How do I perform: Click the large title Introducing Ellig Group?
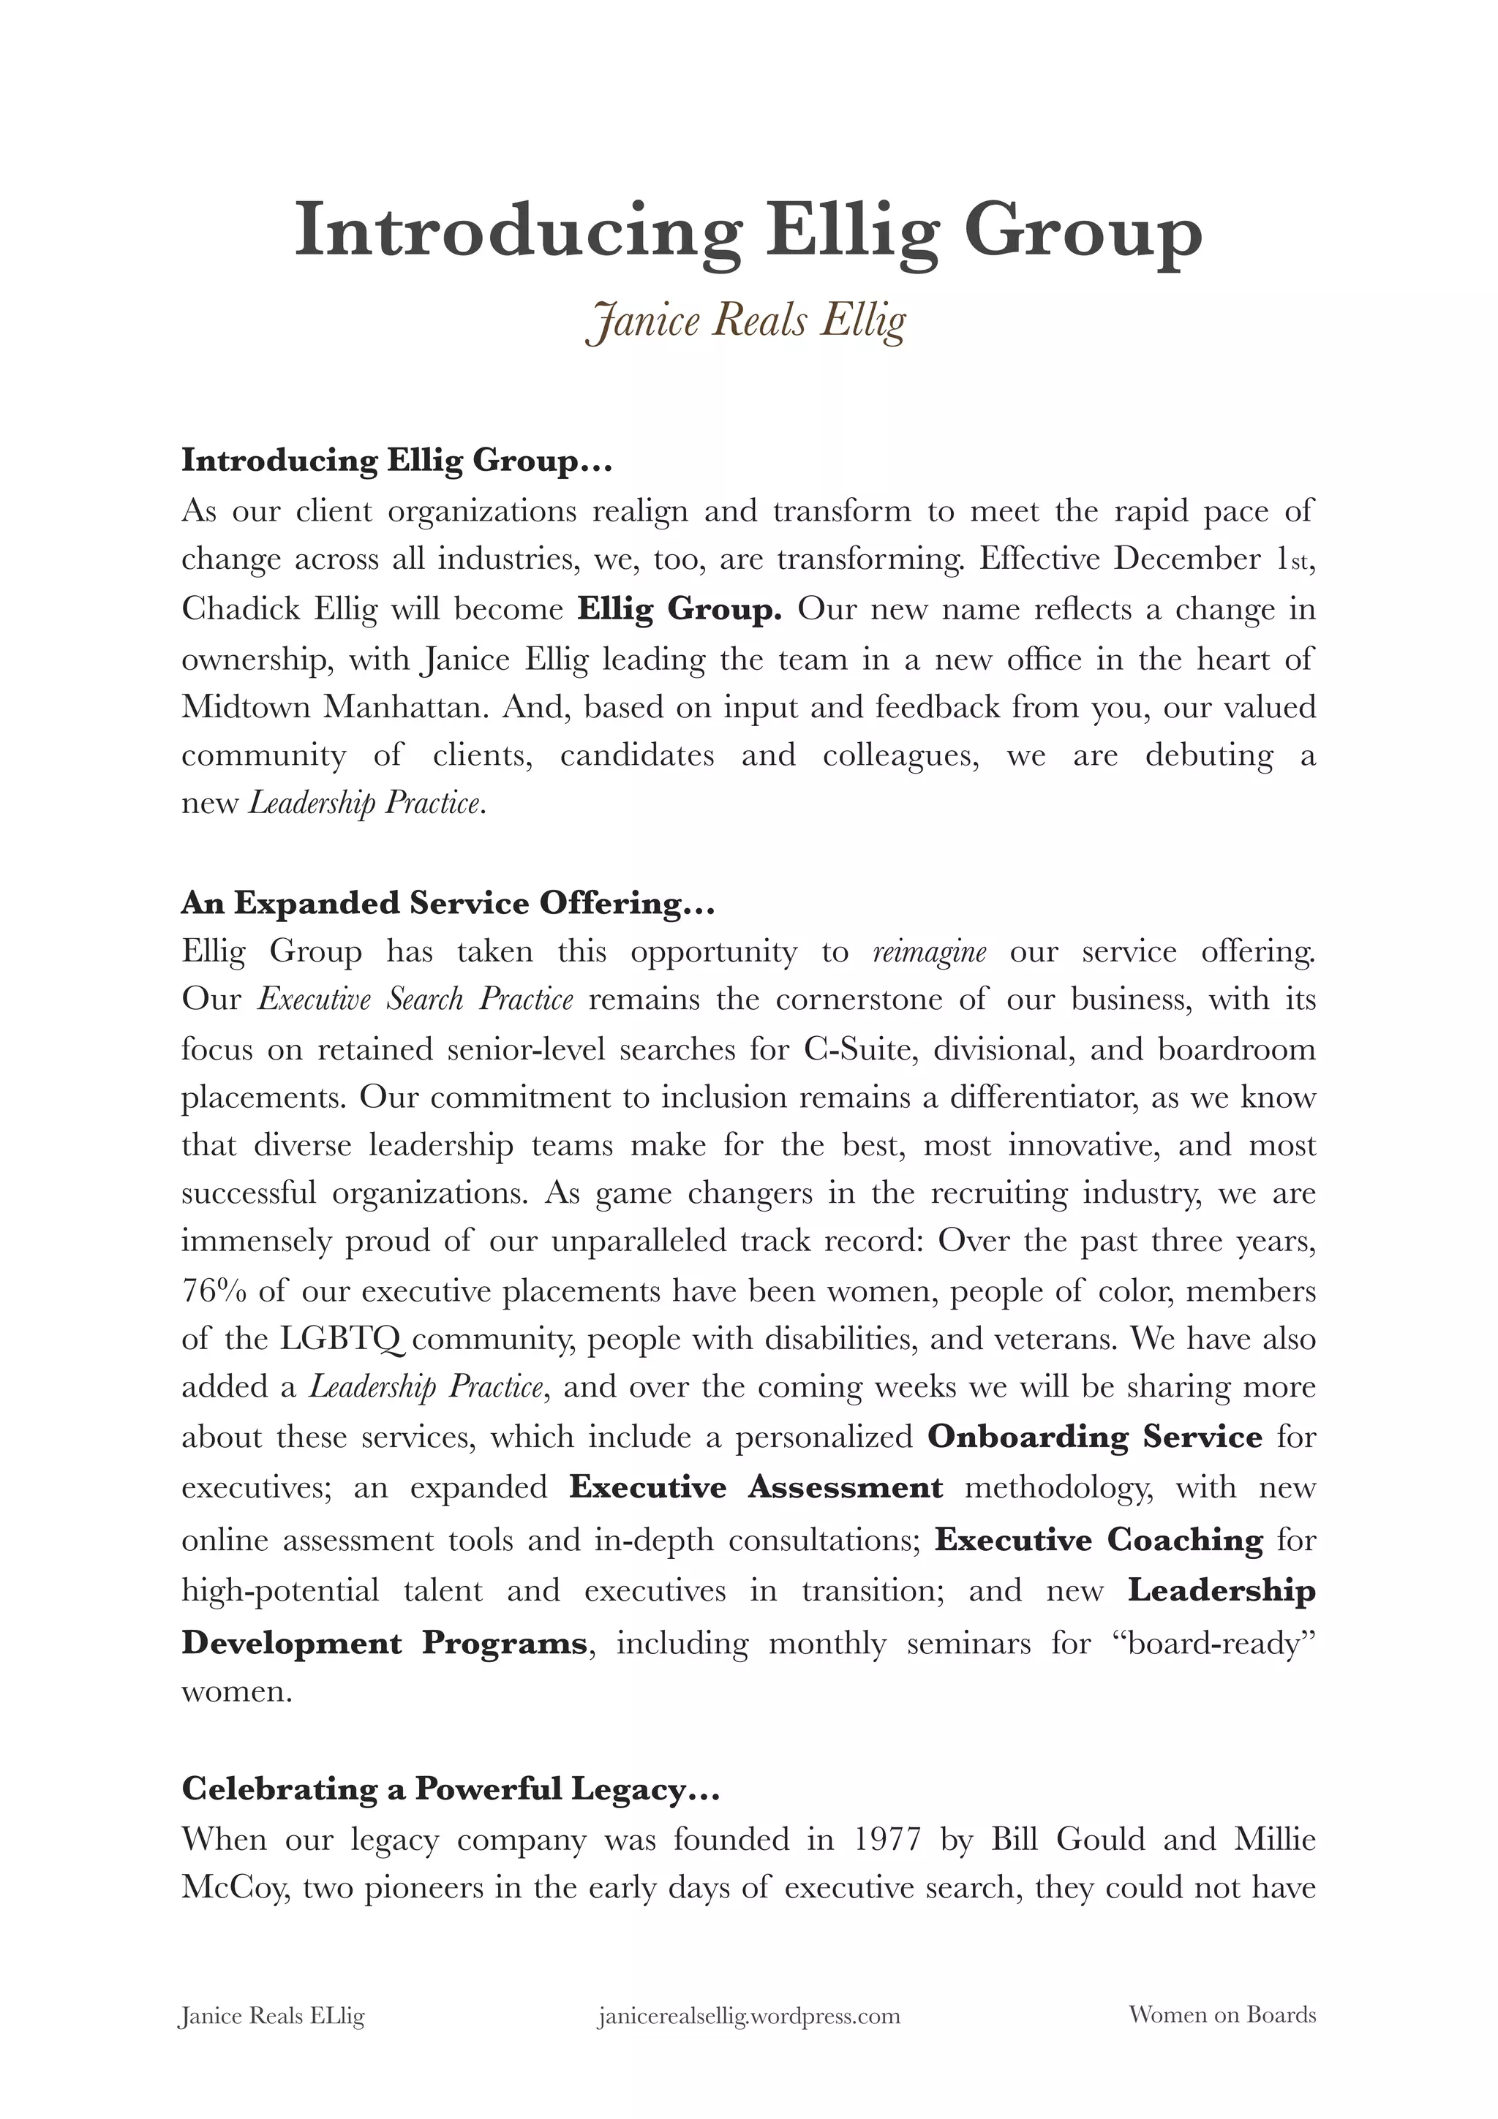[x=748, y=232]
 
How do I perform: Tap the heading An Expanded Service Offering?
[x=448, y=902]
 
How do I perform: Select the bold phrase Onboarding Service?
[x=1094, y=1437]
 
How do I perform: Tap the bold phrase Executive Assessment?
[x=756, y=1487]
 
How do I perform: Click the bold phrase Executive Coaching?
[x=1099, y=1539]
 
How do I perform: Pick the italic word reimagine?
[x=928, y=951]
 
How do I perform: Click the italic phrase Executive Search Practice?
[x=415, y=1000]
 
